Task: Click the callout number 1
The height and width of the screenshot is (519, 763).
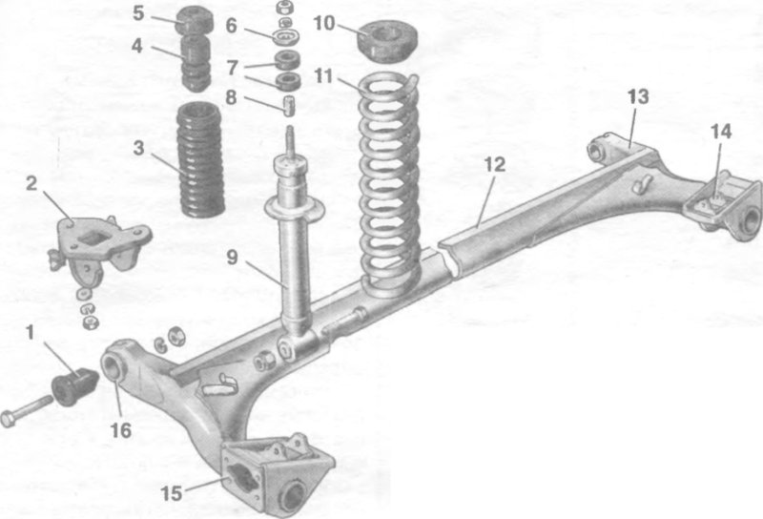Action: point(31,333)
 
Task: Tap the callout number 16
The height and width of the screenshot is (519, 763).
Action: point(121,430)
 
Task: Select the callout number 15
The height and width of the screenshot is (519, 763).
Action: point(172,493)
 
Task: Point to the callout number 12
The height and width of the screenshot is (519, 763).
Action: point(495,164)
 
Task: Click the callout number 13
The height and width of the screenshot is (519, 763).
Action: point(638,96)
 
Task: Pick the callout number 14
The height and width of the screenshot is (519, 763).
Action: point(721,131)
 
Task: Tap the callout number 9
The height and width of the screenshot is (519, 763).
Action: point(232,257)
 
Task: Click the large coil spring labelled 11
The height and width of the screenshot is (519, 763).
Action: point(390,185)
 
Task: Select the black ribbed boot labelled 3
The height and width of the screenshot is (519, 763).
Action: point(200,159)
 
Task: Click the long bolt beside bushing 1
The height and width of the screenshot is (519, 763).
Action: point(28,411)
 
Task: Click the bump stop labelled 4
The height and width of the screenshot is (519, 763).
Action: point(196,63)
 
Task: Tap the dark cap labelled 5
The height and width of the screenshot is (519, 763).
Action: point(196,20)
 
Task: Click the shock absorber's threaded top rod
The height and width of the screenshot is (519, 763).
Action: point(290,142)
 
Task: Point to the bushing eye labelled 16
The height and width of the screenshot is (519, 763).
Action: point(113,365)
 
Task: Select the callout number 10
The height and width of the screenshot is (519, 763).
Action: point(323,22)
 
